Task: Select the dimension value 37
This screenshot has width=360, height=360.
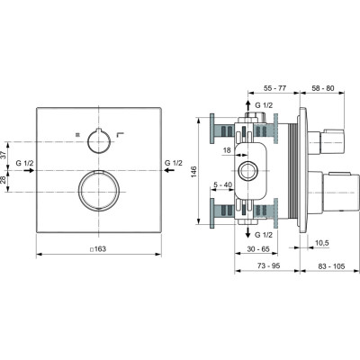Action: (x=4, y=154)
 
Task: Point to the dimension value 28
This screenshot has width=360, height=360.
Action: (x=4, y=179)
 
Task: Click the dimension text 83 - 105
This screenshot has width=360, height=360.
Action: (x=321, y=266)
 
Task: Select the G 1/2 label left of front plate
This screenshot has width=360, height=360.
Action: (x=26, y=162)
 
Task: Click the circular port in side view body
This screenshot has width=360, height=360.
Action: (x=247, y=172)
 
